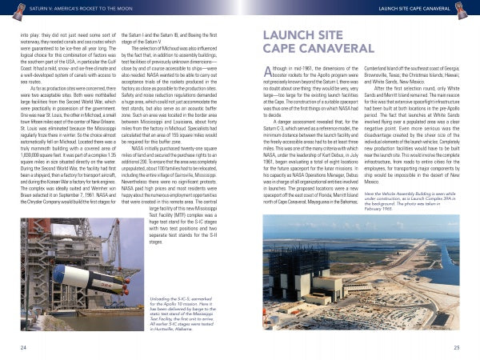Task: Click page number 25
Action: pos(456,348)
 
